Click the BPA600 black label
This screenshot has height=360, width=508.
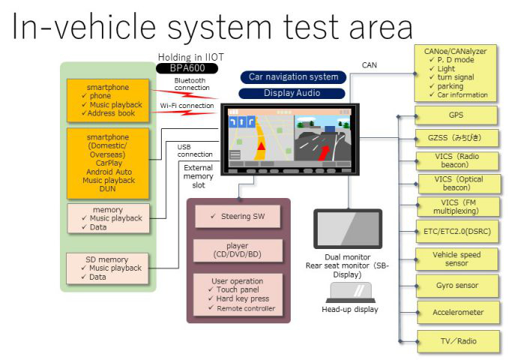tap(186, 68)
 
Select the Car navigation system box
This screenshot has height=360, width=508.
tap(293, 76)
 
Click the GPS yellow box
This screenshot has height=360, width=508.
tap(456, 115)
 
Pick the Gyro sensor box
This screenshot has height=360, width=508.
tap(456, 285)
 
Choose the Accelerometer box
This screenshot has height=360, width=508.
tap(457, 312)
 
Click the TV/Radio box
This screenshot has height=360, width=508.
tap(456, 341)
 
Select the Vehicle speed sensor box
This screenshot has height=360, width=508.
tap(456, 259)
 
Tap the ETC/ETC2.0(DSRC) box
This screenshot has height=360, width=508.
tap(456, 233)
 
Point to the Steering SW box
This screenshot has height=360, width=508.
tap(239, 217)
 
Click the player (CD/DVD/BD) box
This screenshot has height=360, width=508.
tap(238, 250)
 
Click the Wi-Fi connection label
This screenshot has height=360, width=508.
tap(187, 106)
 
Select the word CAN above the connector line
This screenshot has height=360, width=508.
tap(369, 65)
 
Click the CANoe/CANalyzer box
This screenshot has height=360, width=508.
tap(456, 73)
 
